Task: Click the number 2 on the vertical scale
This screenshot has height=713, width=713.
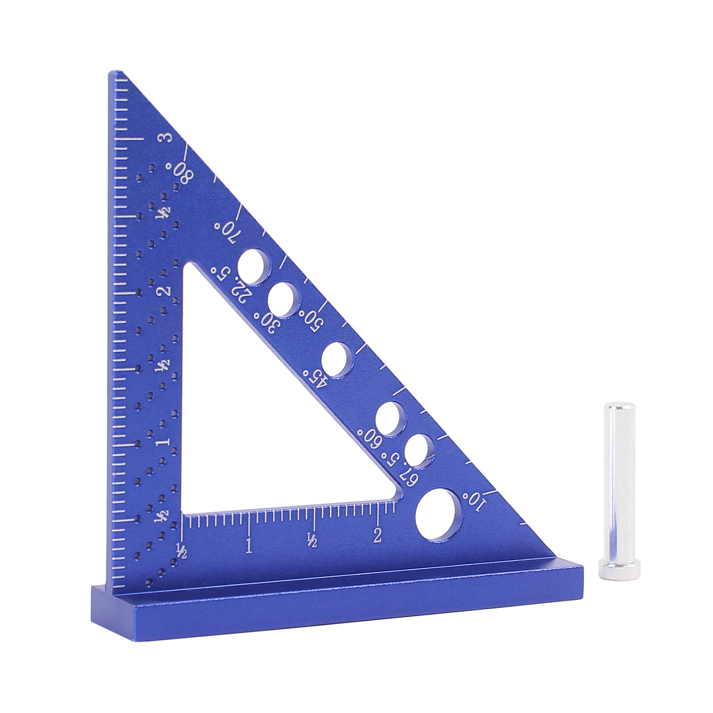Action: (x=166, y=291)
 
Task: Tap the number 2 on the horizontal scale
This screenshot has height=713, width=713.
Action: (x=378, y=535)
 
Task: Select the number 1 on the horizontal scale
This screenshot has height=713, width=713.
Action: (x=249, y=546)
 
